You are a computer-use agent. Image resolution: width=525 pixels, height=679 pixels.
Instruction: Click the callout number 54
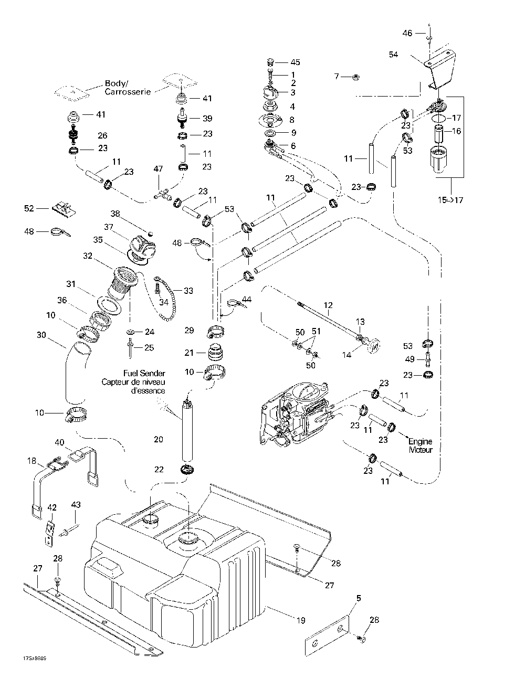pyautogui.click(x=394, y=54)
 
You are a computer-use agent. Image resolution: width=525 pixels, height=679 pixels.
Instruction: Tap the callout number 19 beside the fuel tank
pyautogui.click(x=300, y=620)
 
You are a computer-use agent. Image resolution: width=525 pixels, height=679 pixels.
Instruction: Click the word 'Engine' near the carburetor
pyautogui.click(x=420, y=442)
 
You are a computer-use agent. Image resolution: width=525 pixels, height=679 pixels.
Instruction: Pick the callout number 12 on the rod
pyautogui.click(x=328, y=305)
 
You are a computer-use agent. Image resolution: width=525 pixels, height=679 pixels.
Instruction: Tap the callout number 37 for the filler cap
pyautogui.click(x=109, y=227)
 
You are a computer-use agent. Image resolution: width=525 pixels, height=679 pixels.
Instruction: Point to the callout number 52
pyautogui.click(x=29, y=208)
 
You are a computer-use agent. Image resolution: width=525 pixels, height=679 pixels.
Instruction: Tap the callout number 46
pyautogui.click(x=407, y=33)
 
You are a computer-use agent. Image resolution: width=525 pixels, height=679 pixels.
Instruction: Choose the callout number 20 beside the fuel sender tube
pyautogui.click(x=159, y=439)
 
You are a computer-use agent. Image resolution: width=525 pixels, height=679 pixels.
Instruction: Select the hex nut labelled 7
pyautogui.click(x=355, y=77)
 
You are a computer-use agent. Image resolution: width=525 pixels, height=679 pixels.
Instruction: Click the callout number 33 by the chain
pyautogui.click(x=187, y=290)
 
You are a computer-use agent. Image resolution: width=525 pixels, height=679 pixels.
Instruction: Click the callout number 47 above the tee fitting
pyautogui.click(x=158, y=168)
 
